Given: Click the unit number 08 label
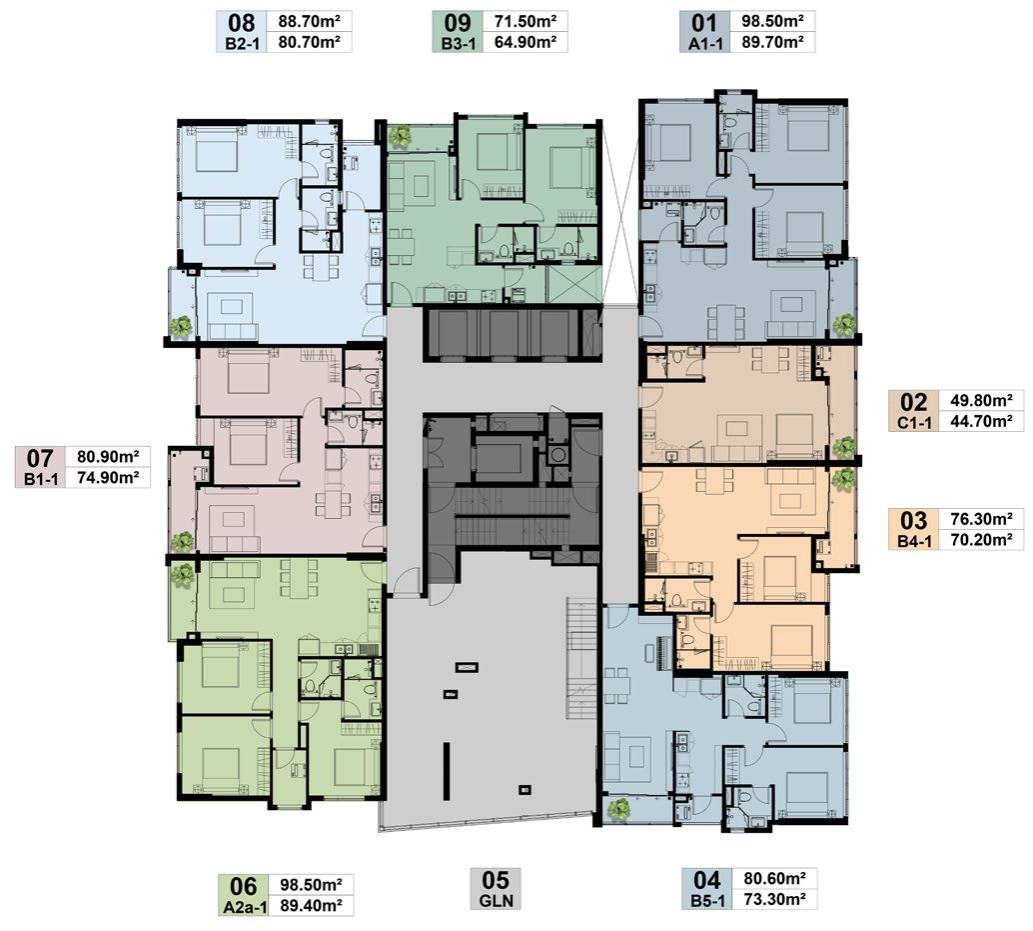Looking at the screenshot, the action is click(241, 23).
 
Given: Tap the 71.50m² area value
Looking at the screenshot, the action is click(525, 21).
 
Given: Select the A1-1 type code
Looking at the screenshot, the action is click(704, 44).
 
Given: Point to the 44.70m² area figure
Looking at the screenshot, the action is click(981, 421).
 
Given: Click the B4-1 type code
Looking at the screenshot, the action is click(914, 542).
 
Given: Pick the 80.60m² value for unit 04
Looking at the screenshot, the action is click(775, 878).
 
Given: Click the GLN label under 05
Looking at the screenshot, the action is click(497, 900).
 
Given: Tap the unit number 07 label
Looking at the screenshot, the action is click(40, 458).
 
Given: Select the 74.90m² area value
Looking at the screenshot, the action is click(108, 477).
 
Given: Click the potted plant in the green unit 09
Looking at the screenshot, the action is click(400, 136).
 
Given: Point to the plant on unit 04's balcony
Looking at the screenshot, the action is click(618, 809).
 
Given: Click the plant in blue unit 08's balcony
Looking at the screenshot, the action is click(181, 326).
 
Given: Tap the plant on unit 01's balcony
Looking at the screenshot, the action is click(843, 324).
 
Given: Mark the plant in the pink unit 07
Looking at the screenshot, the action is click(181, 541).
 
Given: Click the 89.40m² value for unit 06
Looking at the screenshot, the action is click(311, 905).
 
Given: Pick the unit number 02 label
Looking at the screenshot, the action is click(914, 402).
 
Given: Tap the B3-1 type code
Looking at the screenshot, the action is click(458, 44).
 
